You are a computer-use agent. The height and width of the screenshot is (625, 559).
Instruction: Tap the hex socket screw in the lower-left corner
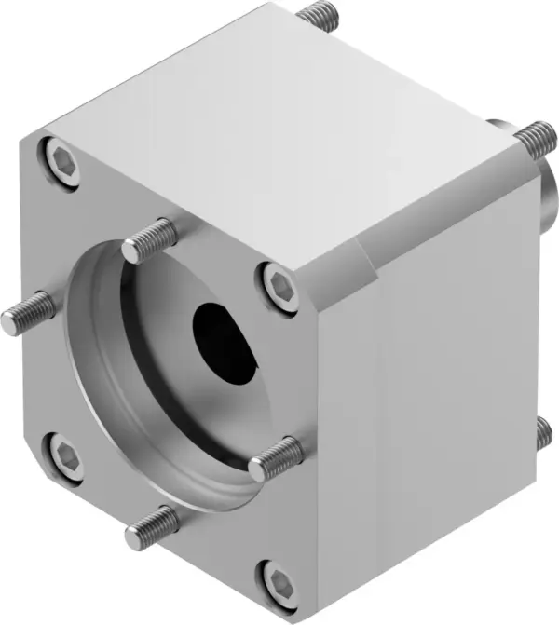pos(64,458)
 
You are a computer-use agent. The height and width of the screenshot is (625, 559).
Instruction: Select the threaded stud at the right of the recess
pos(278,456)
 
